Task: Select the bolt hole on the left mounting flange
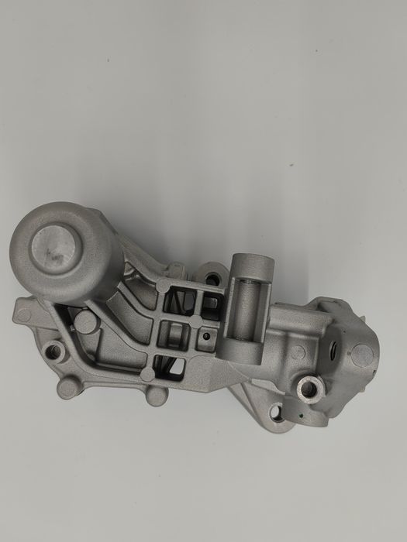coord(55,353)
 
